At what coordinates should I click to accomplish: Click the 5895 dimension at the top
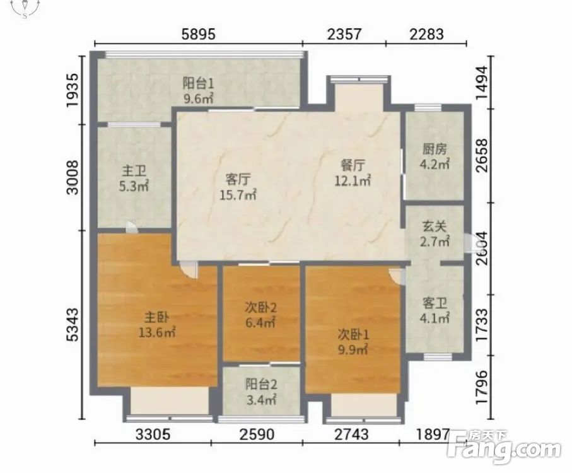199,34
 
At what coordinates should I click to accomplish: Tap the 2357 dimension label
344,34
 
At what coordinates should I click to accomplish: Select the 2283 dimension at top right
426,34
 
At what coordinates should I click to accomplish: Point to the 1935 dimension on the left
73,90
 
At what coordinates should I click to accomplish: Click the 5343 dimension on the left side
73,325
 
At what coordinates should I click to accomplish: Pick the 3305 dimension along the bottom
153,435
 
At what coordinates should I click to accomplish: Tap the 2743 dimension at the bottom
351,435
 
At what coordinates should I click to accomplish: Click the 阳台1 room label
198,84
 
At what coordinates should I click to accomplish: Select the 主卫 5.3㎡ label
134,178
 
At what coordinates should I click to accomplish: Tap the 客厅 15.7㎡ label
238,187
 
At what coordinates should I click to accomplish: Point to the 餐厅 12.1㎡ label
353,173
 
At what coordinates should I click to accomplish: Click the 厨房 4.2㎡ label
434,156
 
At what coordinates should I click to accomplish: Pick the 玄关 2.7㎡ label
434,234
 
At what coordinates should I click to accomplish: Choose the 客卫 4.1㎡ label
434,311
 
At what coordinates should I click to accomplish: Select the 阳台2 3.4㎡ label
261,392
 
